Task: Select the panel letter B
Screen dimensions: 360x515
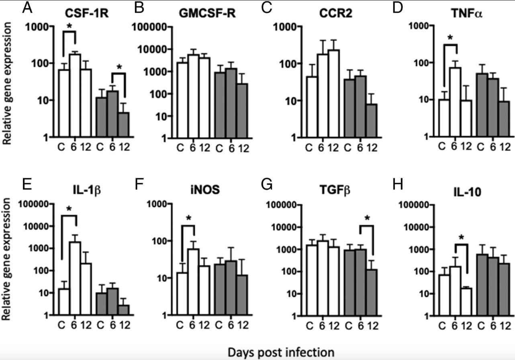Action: [139, 8]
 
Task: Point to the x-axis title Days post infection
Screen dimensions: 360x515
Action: [281, 352]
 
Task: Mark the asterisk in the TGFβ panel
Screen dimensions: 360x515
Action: [366, 219]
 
